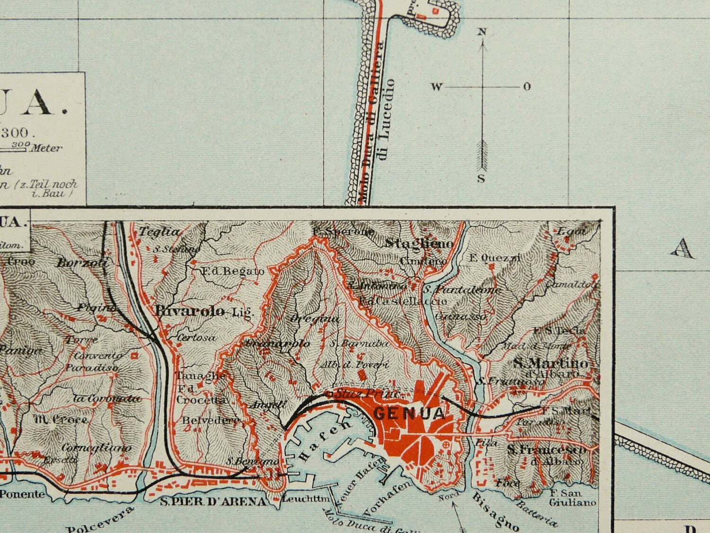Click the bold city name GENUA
(x=409, y=413)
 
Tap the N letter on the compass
(x=482, y=32)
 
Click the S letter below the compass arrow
(x=481, y=179)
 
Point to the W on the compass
(x=436, y=87)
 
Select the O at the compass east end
(x=527, y=87)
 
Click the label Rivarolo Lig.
(x=204, y=311)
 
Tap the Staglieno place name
(x=419, y=244)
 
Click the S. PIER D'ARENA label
(x=213, y=501)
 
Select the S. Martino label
(x=551, y=363)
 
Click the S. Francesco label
(x=547, y=449)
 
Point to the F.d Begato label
(x=232, y=271)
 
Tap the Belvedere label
(x=204, y=420)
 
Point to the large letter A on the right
(x=683, y=248)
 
